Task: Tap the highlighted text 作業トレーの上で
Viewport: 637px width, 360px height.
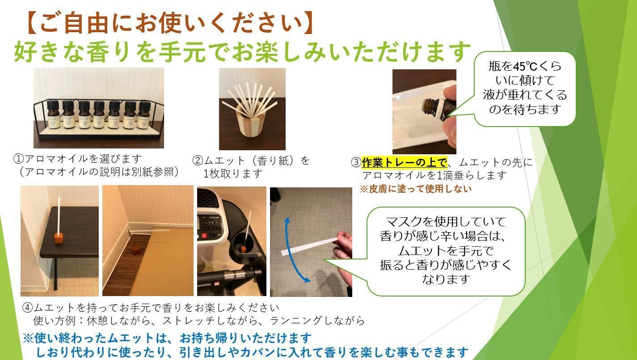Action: click(x=404, y=162)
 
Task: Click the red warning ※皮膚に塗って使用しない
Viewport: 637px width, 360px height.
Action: click(x=416, y=189)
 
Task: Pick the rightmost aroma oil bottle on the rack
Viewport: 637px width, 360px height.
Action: click(x=143, y=115)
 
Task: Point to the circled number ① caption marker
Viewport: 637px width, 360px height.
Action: click(x=18, y=159)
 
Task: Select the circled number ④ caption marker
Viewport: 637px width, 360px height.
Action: click(x=28, y=308)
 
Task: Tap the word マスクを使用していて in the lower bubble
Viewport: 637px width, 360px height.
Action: click(x=445, y=221)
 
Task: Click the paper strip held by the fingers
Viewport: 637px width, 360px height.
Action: click(x=308, y=247)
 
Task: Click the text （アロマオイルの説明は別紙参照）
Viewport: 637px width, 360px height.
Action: click(x=96, y=172)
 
